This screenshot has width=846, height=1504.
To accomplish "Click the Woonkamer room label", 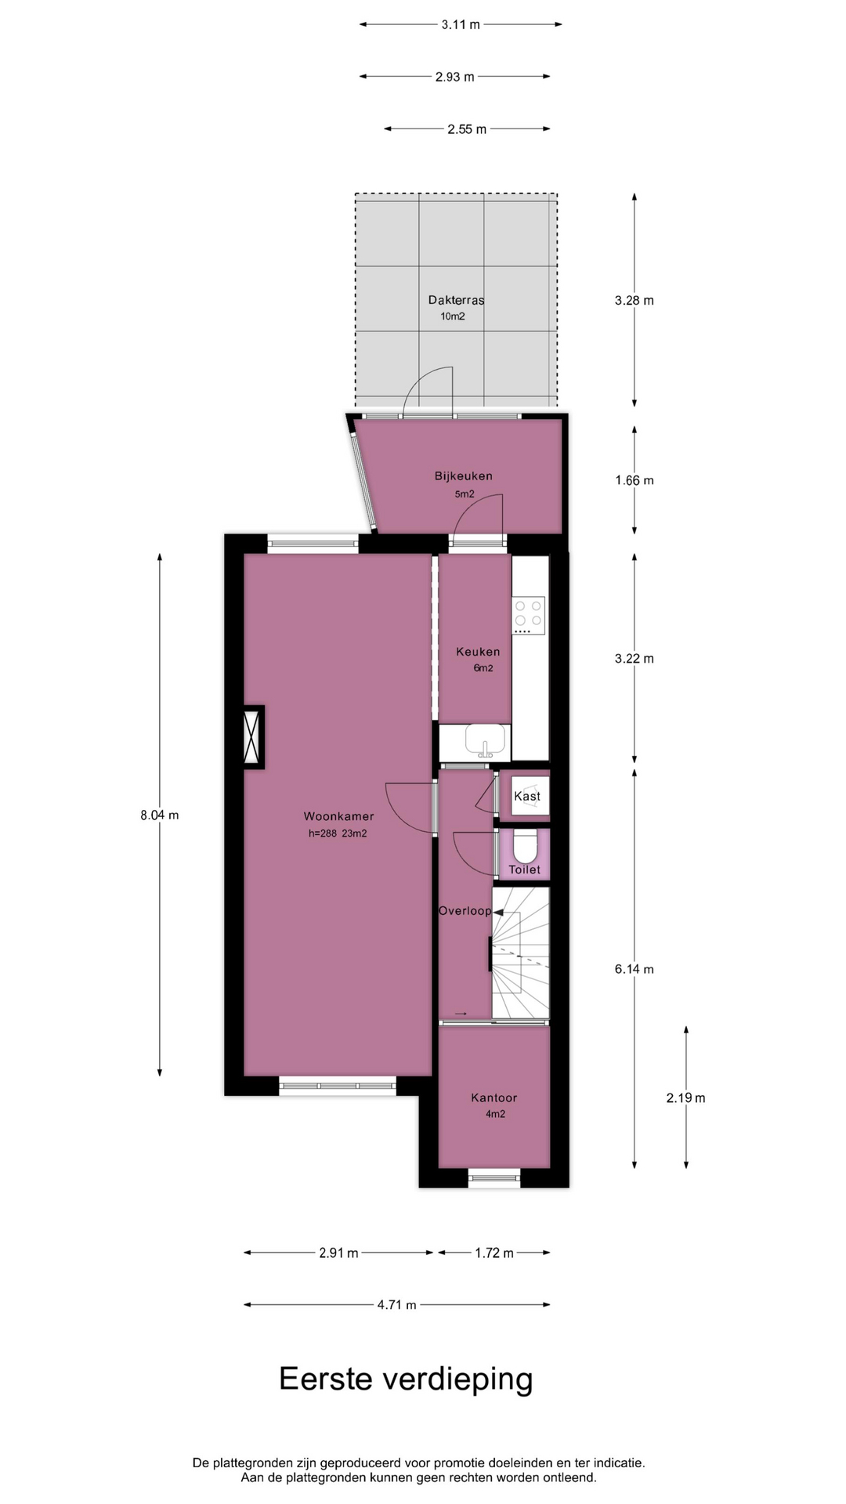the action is (x=339, y=816).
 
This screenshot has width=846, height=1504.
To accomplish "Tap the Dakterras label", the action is (x=456, y=300).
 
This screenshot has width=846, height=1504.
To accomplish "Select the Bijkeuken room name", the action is (x=464, y=475).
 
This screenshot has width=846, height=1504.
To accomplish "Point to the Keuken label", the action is (x=478, y=652).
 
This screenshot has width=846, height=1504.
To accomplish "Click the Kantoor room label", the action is (x=494, y=1098).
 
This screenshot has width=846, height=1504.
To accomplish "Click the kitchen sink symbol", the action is (x=486, y=739).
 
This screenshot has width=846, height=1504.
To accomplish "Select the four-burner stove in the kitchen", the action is (x=528, y=616).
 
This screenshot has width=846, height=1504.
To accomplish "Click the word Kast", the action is (x=527, y=796).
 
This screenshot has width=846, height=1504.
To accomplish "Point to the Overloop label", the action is (x=465, y=911).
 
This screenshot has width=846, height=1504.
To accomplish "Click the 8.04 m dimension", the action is (x=160, y=815).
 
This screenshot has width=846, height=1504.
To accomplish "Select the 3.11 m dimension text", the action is (x=461, y=24).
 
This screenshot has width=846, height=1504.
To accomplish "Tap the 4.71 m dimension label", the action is (x=397, y=1305).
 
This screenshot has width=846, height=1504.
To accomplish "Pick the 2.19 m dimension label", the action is (x=686, y=1098).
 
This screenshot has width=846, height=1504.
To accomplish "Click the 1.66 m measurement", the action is (x=634, y=480).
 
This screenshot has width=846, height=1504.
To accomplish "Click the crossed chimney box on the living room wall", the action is (x=252, y=736).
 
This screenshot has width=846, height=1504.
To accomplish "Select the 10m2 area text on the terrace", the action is (x=453, y=316).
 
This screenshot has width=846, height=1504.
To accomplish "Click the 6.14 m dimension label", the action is (x=634, y=969).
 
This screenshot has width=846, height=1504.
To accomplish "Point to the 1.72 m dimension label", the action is (x=494, y=1253).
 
